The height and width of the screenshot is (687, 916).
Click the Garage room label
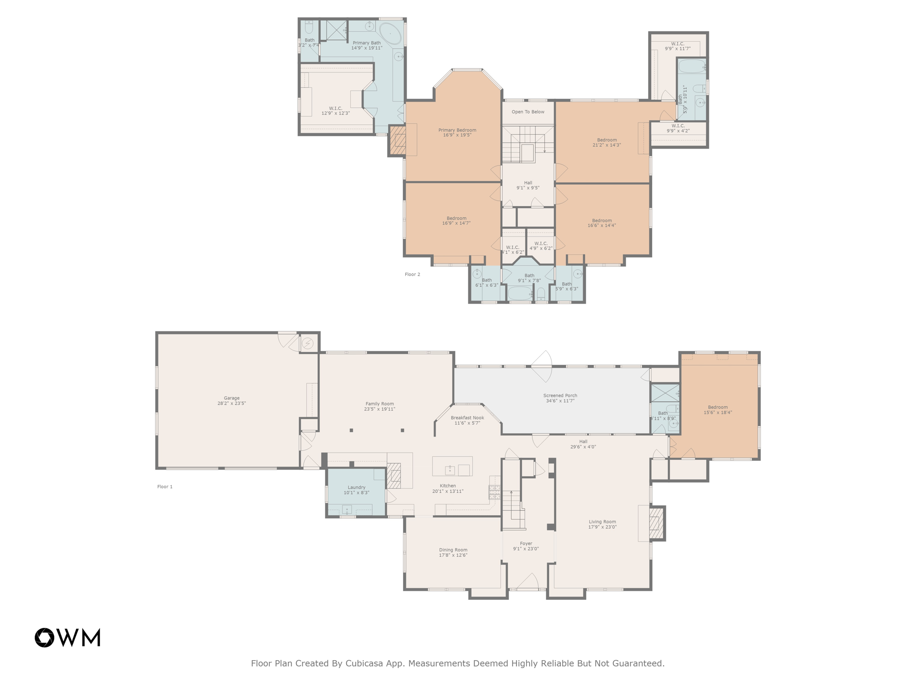pyautogui.click(x=232, y=398)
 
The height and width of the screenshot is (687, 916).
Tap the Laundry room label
pyautogui.click(x=356, y=487)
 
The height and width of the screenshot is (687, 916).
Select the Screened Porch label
pyautogui.click(x=560, y=395)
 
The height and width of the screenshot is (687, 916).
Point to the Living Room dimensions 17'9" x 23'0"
pyautogui.click(x=602, y=527)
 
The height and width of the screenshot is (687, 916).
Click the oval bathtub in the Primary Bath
pyautogui.click(x=390, y=34)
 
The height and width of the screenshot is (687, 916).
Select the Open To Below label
pyautogui.click(x=528, y=112)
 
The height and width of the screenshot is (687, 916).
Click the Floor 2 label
pyautogui.click(x=412, y=274)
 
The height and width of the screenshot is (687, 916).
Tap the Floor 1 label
pyautogui.click(x=165, y=487)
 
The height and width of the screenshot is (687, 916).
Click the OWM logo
pyautogui.click(x=68, y=637)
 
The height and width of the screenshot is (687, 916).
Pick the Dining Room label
pyautogui.click(x=453, y=550)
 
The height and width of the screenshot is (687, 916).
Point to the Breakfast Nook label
pyautogui.click(x=467, y=418)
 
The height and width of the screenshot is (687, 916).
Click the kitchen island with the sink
pyautogui.click(x=452, y=466)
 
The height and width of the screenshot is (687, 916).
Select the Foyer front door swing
pyautogui.click(x=528, y=581)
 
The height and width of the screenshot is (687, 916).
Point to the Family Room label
pyautogui.click(x=380, y=403)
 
